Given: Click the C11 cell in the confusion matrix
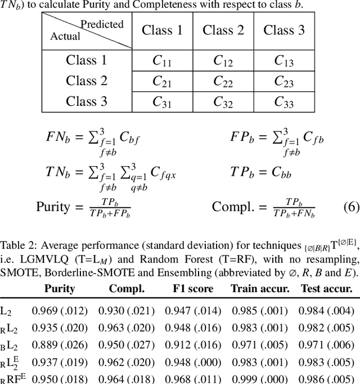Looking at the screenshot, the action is (x=163, y=61).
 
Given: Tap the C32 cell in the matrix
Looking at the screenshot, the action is (x=223, y=102).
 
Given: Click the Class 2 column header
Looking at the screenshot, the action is (x=223, y=30).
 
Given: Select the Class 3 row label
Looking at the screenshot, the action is (x=87, y=101).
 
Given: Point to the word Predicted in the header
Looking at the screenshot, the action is (x=102, y=25).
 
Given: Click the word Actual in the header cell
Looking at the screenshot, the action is (x=65, y=37).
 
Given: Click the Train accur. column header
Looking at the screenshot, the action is (x=259, y=289).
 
